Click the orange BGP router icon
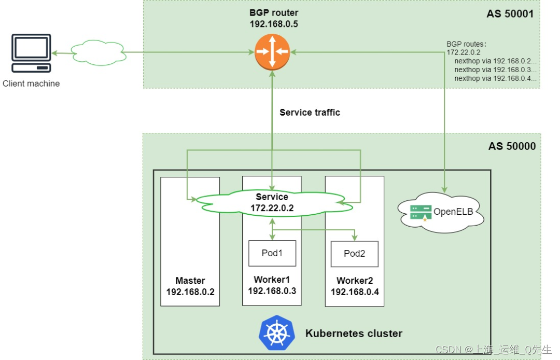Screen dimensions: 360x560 tap(271, 51)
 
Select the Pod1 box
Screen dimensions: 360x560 tap(272, 253)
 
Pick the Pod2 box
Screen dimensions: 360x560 tap(354, 254)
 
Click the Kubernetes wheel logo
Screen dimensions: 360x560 tap(277, 333)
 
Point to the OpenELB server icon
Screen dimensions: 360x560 tap(421, 212)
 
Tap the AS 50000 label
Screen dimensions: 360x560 tap(512, 146)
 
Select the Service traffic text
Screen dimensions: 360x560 tap(310, 112)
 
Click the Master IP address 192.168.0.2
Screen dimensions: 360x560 tap(190, 292)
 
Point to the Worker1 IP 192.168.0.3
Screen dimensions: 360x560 tap(272, 290)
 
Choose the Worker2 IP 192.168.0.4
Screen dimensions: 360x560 tap(355, 292)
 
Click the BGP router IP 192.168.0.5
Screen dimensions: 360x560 tap(274, 24)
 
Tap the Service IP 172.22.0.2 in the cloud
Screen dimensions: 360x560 tap(272, 207)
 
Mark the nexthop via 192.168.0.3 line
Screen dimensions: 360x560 tap(495, 69)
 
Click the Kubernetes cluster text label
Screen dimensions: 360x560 tap(354, 333)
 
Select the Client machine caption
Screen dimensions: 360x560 tap(31, 84)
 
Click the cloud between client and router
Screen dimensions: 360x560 tap(98, 52)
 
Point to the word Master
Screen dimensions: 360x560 tap(190, 281)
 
